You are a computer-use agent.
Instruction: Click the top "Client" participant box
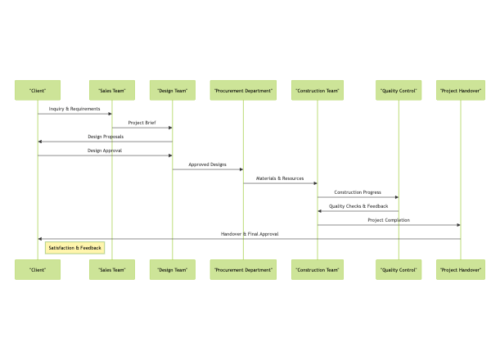(x=37, y=90)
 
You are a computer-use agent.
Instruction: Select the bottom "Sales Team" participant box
(x=111, y=269)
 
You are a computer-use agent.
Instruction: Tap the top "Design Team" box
(x=172, y=90)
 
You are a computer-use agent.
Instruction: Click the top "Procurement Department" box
(x=243, y=90)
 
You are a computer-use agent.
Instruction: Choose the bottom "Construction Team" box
(x=318, y=269)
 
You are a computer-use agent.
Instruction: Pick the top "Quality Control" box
(x=399, y=90)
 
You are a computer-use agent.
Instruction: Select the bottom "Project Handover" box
(x=460, y=269)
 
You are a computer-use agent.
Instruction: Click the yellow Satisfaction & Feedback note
(x=74, y=247)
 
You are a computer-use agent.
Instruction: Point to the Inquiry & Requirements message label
(x=74, y=109)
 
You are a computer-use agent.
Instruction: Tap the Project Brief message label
(x=142, y=123)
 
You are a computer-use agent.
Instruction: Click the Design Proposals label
(x=106, y=137)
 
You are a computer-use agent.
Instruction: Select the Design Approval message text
(x=105, y=151)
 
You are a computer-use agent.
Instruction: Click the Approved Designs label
(x=207, y=164)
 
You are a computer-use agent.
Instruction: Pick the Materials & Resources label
(x=280, y=178)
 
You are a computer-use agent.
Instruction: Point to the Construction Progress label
(x=358, y=192)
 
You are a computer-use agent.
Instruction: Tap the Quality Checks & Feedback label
(x=358, y=206)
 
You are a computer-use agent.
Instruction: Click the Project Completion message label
(x=389, y=220)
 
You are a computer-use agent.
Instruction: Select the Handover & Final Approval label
(x=250, y=234)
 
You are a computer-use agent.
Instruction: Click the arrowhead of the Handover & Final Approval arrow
(x=40, y=239)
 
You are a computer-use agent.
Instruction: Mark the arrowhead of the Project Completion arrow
(x=457, y=225)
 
